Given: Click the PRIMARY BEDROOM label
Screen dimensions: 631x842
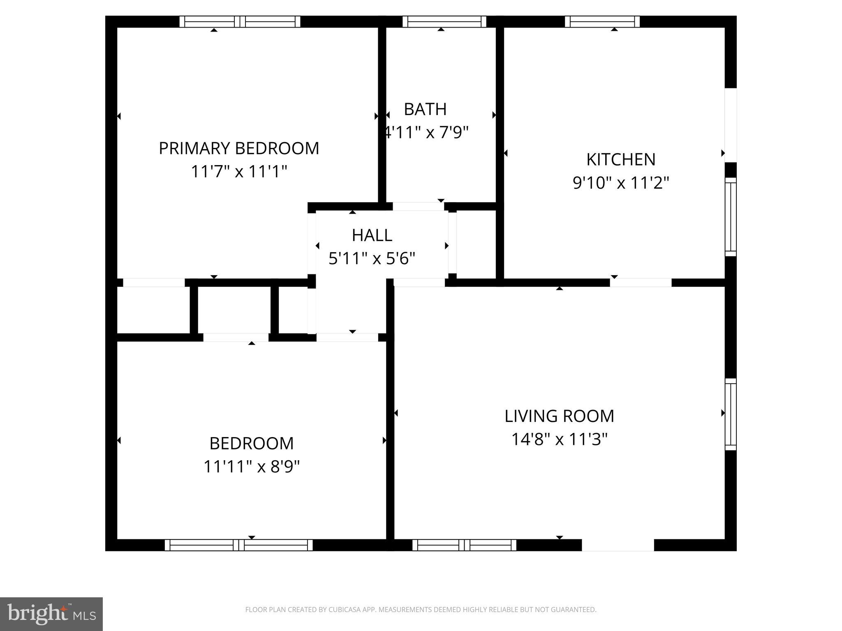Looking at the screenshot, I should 239,148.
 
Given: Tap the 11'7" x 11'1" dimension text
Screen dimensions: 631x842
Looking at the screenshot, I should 239,171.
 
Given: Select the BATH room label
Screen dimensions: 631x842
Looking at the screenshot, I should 425,109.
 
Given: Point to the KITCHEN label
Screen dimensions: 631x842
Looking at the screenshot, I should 620,160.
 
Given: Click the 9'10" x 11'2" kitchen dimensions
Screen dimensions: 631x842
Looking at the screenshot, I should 621,183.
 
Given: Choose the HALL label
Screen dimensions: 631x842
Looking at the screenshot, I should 372,235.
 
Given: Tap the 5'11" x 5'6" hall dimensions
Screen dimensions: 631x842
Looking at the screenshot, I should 372,258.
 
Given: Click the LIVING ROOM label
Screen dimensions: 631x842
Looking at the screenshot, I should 559,416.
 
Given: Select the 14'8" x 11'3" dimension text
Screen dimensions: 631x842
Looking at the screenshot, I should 559,439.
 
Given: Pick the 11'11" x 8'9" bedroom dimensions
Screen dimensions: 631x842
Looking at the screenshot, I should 252,467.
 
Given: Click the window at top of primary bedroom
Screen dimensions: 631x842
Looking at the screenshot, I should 240,22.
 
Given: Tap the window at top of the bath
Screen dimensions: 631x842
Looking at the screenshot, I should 444,22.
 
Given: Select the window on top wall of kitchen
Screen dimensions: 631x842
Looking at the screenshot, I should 602,22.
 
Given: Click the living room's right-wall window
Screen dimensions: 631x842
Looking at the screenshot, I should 731,414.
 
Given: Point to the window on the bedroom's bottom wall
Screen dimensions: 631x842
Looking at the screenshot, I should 238,545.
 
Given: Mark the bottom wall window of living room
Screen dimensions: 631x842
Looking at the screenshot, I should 464,545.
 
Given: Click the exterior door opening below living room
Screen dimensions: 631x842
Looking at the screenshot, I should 618,545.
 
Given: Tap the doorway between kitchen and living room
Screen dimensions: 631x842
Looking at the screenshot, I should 640,283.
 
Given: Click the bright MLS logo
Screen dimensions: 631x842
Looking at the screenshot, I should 51,614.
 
